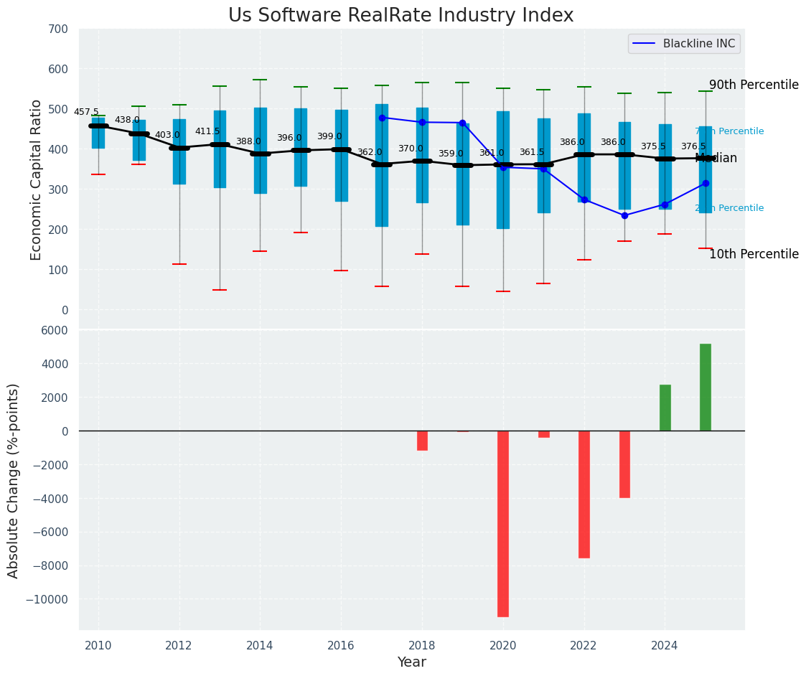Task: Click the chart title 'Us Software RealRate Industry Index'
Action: pos(400,16)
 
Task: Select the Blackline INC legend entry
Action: pos(684,44)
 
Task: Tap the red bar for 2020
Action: pos(503,523)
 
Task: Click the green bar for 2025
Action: pos(706,388)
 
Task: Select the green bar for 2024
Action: pos(665,408)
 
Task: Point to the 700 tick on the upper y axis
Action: pos(58,29)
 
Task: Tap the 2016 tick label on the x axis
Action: pos(341,646)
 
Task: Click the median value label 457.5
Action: pos(86,113)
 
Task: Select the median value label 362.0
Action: pos(370,152)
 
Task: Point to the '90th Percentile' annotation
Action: pos(754,85)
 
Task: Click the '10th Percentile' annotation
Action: pos(754,254)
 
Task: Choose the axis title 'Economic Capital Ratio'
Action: pos(37,171)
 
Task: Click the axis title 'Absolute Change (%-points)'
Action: pos(14,480)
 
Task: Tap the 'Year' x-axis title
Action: pos(412,662)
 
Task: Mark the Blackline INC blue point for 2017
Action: pos(382,118)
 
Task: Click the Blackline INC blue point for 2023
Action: pos(624,215)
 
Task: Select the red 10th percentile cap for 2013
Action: pos(220,290)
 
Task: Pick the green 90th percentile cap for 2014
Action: pos(260,80)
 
